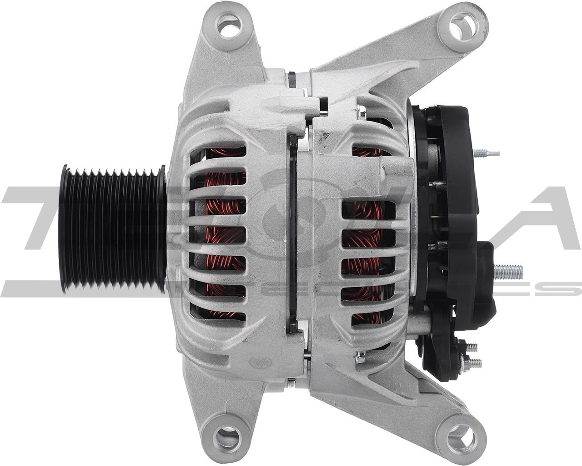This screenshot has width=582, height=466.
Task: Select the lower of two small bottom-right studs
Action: point(474,363)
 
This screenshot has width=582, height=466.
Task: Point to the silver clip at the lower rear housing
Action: point(361,358)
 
